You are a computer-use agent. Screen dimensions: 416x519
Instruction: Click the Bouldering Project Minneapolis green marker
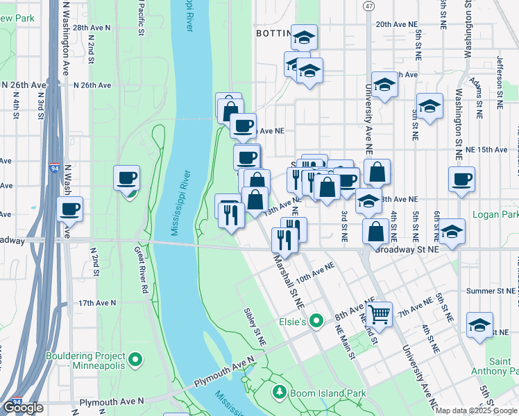click(135, 361)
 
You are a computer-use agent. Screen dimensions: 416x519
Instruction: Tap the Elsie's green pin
click(316, 321)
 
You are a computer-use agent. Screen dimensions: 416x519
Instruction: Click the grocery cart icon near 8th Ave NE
click(379, 314)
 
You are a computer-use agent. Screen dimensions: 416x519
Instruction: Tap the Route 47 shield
click(368, 6)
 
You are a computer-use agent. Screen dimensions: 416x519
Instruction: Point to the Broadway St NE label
click(407, 249)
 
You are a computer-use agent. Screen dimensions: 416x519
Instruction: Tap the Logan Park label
click(495, 214)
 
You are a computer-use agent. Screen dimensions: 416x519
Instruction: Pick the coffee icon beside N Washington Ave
click(70, 208)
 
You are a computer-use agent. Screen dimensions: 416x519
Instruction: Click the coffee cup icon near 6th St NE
click(461, 179)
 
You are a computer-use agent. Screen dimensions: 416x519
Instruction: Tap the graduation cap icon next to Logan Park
click(452, 232)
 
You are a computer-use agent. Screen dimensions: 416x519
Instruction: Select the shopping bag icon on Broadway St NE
click(375, 232)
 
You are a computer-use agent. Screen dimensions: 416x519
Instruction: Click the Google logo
click(23, 407)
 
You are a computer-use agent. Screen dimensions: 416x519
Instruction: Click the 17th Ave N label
click(95, 304)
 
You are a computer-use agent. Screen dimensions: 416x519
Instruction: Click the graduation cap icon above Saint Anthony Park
click(479, 324)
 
